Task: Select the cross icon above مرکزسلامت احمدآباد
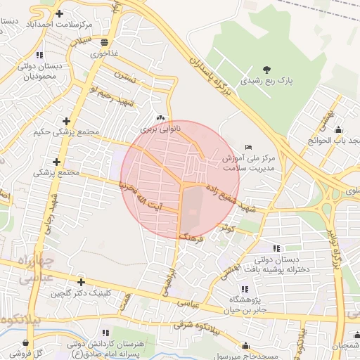[58, 13]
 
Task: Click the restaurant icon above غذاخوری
[104, 42]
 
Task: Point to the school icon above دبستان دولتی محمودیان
[40, 54]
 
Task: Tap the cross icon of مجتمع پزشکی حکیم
[66, 121]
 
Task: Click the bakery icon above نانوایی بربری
[161, 118]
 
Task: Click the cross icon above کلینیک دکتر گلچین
[81, 282]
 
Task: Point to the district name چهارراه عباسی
[28, 269]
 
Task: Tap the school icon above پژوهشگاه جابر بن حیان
[245, 288]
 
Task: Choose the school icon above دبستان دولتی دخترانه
[276, 247]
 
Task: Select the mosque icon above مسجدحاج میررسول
[245, 345]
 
